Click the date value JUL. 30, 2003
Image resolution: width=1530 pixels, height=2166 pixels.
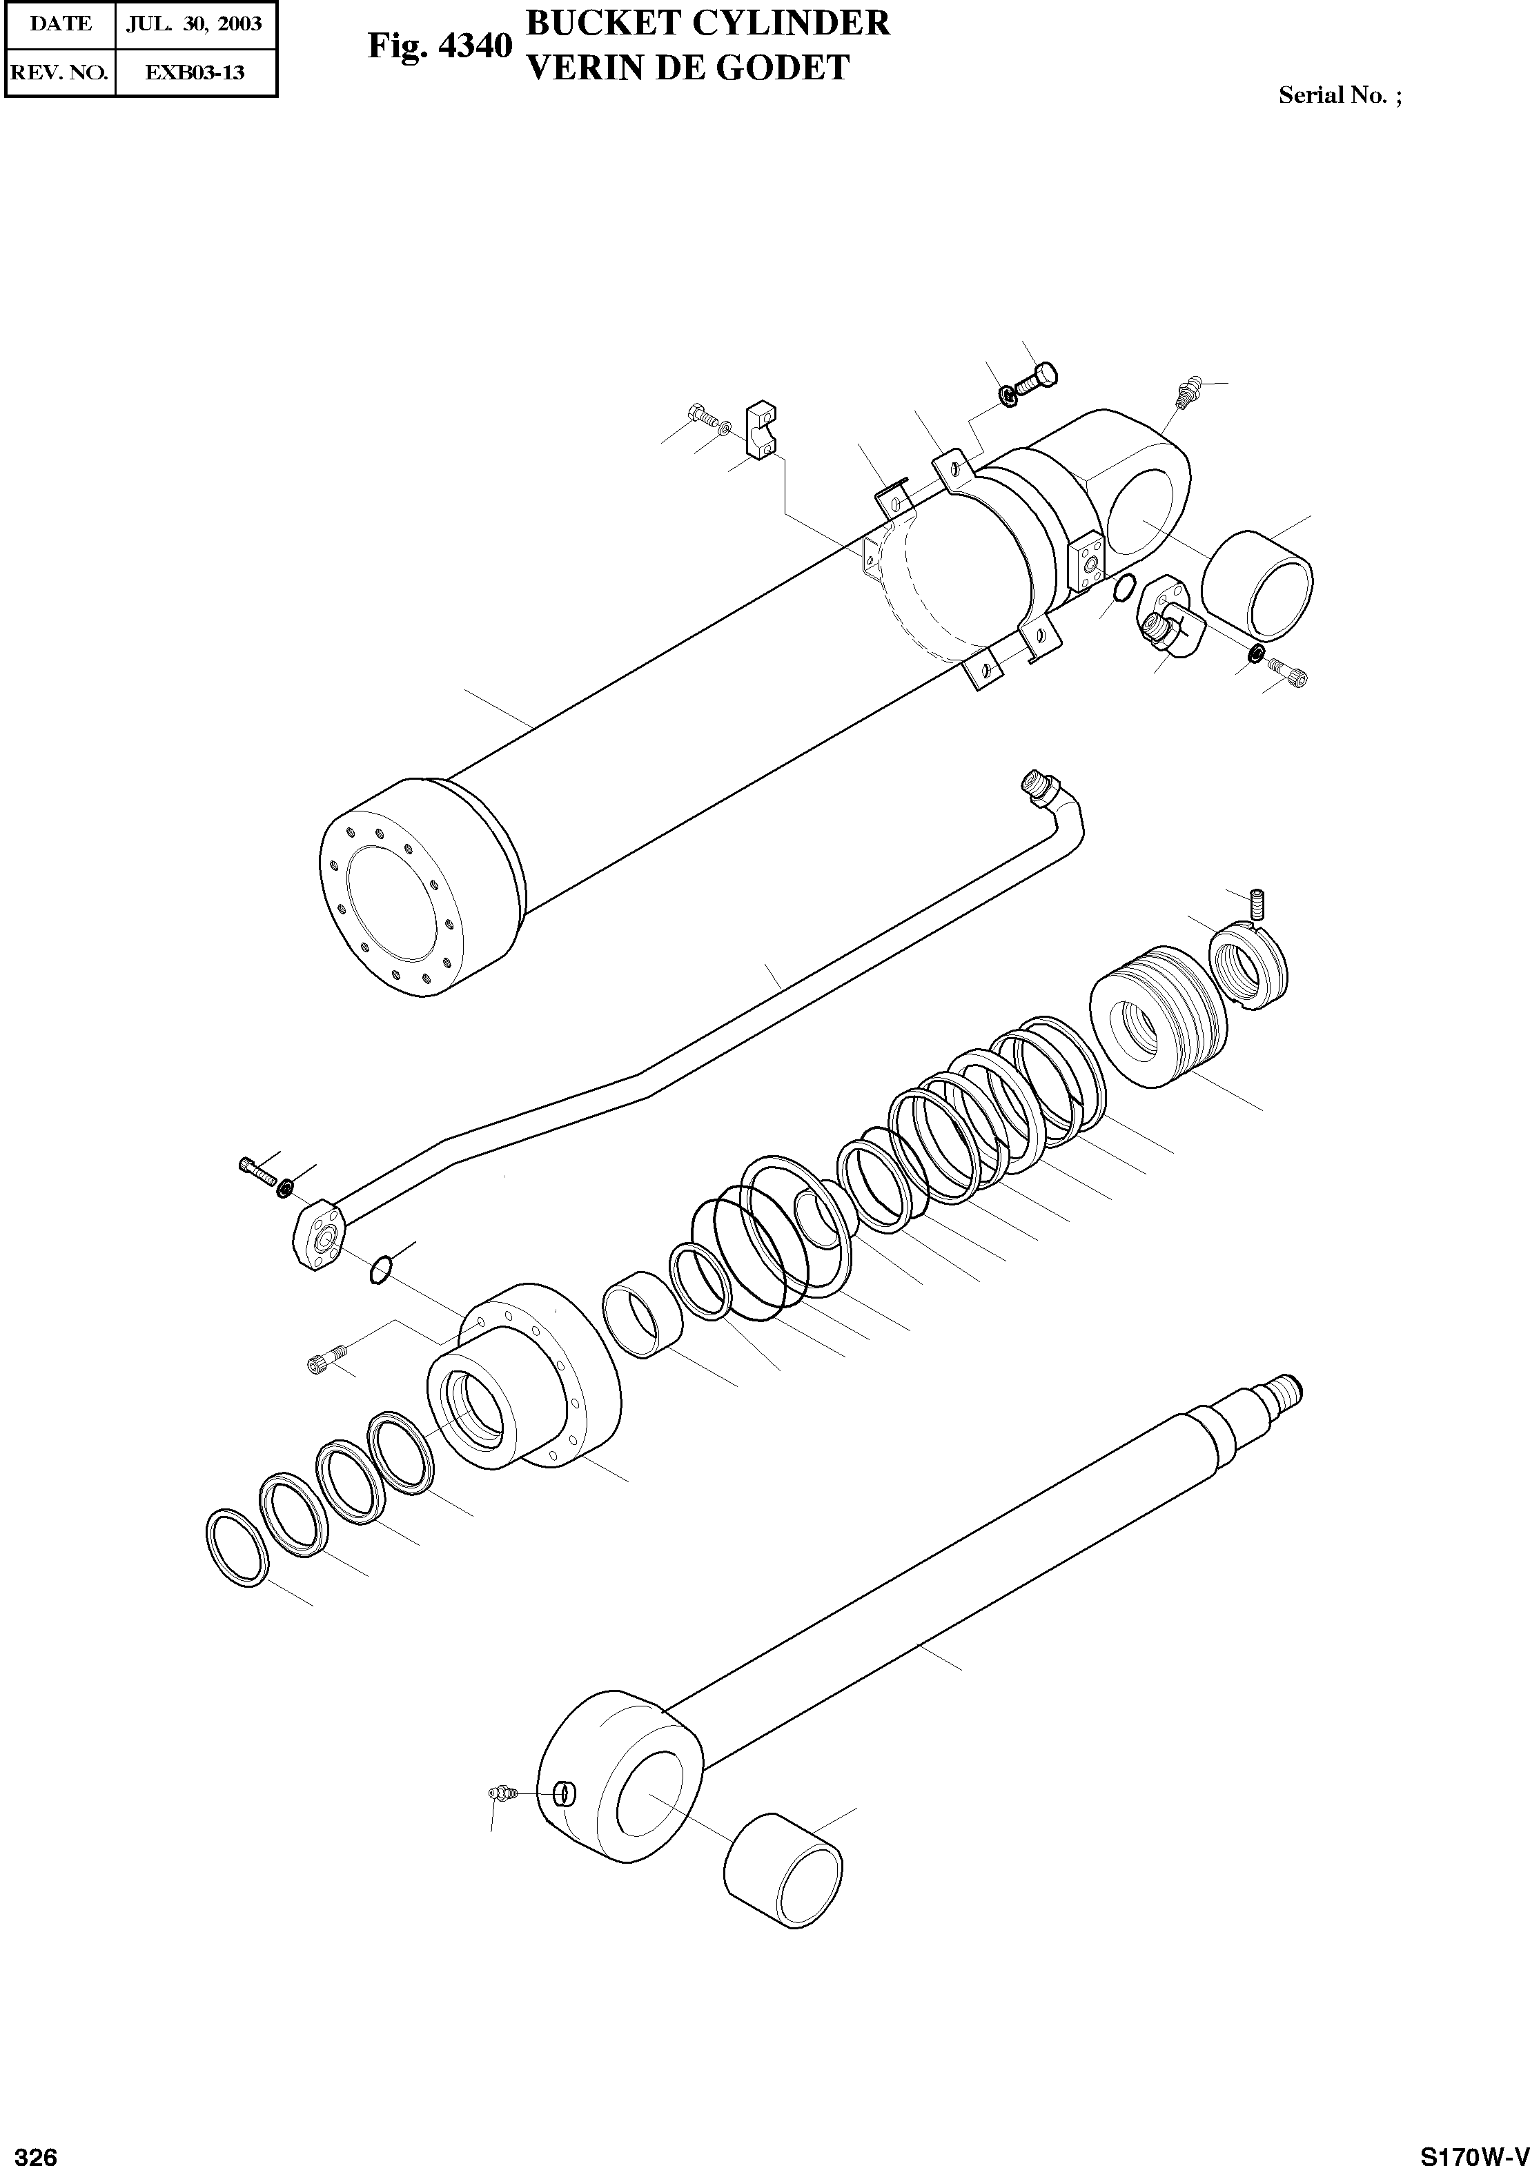tap(195, 23)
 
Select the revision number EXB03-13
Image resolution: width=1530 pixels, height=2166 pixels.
tap(195, 72)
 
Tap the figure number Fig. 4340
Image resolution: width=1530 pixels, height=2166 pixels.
tap(440, 46)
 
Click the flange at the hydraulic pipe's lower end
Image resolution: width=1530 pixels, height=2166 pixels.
tap(319, 1236)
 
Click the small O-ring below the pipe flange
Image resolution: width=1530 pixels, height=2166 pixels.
tap(380, 1269)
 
